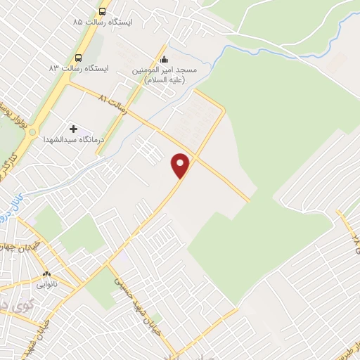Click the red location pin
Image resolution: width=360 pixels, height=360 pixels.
(x=181, y=165)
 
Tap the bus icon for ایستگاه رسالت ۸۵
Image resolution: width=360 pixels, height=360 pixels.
(x=103, y=12)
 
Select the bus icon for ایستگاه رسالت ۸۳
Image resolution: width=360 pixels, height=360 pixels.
(x=78, y=58)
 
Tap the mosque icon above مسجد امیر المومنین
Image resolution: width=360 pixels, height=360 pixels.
(x=165, y=60)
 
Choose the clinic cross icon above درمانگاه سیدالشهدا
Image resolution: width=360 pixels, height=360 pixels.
(x=73, y=129)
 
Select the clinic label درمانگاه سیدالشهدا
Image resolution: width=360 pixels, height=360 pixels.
(x=73, y=140)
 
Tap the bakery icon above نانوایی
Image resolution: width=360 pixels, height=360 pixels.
(x=47, y=274)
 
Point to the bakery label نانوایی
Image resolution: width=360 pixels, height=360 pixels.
(x=47, y=285)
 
